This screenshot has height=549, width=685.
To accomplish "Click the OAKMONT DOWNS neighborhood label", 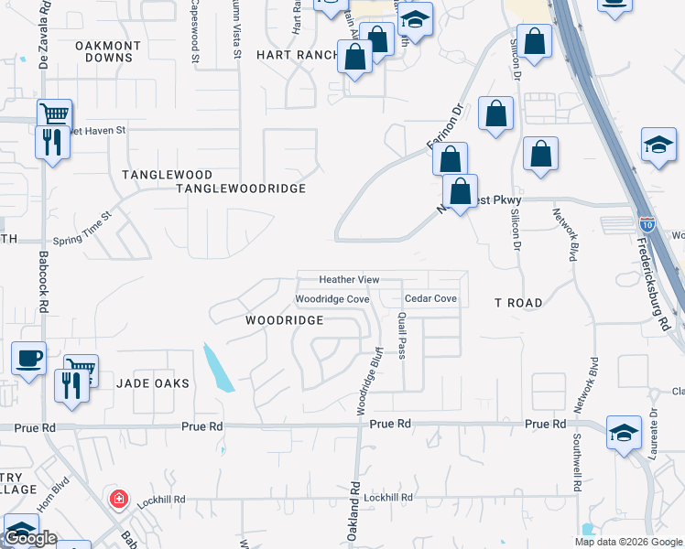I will coord(108,51).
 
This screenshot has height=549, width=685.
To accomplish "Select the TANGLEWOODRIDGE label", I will coord(240,188).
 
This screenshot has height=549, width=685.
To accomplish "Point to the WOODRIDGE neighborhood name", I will coord(285,320).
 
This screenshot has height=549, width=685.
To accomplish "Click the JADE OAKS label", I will coord(153,383).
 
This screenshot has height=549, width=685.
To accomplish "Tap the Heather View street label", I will coord(349,279).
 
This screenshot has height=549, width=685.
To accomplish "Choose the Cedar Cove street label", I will coord(430,299).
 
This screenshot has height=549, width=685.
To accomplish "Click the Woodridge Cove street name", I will coord(332,299).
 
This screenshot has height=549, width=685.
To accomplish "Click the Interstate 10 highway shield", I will coord(647,222).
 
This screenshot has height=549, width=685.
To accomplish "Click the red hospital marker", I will coord(118,499).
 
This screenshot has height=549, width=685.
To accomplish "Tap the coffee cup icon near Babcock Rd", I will coord(27,357).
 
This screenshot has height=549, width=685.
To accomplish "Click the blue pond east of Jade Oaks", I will coord(218,367).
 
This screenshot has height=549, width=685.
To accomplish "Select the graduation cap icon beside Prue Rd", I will coord(624,433).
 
